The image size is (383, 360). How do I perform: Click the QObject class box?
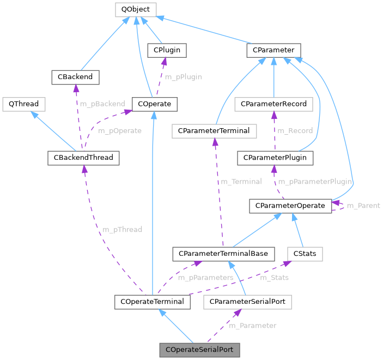(136, 9)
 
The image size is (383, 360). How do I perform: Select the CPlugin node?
(167, 50)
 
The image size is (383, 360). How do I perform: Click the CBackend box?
(75, 77)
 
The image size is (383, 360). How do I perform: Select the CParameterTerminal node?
(214, 130)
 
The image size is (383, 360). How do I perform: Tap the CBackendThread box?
(83, 158)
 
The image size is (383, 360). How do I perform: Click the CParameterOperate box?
(290, 206)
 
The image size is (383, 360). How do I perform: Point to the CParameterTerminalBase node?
(223, 253)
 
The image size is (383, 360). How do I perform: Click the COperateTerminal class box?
(153, 301)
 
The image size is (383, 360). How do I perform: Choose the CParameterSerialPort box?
(247, 301)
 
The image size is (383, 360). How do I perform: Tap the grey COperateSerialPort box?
(199, 349)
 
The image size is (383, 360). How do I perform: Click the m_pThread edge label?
(123, 230)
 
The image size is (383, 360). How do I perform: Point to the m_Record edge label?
(295, 131)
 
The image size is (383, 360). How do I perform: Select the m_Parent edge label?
(363, 206)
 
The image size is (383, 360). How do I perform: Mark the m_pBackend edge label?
(102, 104)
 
